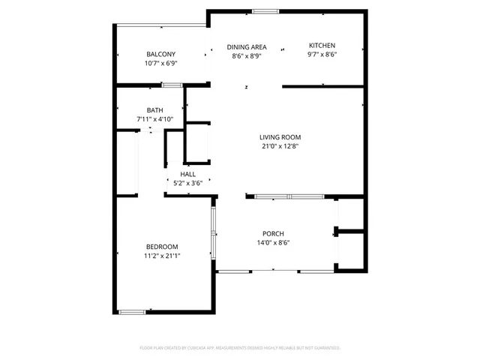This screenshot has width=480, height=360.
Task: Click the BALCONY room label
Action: (160, 54)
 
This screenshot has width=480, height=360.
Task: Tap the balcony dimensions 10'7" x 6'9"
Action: (160, 64)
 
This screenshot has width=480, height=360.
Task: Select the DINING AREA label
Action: (247, 46)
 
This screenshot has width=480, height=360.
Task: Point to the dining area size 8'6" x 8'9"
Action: (247, 55)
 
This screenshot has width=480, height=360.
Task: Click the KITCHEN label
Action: (322, 46)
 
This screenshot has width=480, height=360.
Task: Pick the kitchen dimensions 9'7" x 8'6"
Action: (322, 55)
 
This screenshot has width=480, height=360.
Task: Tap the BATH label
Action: (154, 110)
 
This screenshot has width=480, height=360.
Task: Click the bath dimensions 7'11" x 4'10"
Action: (154, 119)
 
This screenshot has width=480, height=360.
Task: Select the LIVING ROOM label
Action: (280, 136)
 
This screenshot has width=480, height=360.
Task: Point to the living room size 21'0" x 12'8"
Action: (280, 146)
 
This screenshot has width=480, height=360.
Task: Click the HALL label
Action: (187, 174)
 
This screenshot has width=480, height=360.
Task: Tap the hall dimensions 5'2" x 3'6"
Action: (187, 183)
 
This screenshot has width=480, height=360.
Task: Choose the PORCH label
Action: (273, 233)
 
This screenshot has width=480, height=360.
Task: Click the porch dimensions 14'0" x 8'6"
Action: (273, 242)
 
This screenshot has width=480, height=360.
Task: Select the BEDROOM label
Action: (162, 247)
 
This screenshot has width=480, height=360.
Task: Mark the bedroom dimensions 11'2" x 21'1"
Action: (162, 256)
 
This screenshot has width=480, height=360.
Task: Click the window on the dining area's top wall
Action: (263, 10)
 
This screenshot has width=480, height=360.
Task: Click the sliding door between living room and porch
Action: (289, 197)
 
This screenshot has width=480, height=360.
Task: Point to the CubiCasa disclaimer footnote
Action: (240, 348)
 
